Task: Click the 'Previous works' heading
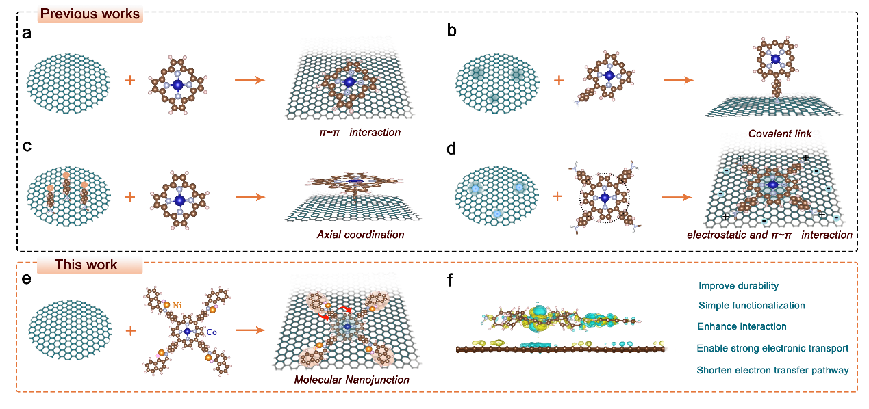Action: [90, 14]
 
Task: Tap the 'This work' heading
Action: [86, 265]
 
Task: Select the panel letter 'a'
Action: [27, 34]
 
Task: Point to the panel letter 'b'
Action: [451, 30]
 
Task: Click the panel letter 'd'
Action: [451, 148]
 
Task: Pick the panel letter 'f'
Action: [450, 280]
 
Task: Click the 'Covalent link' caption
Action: [780, 134]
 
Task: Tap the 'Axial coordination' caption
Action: [360, 235]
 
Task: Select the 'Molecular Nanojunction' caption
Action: [351, 380]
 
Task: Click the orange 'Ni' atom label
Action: [177, 306]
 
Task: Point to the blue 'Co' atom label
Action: [212, 332]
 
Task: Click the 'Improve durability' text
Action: [738, 286]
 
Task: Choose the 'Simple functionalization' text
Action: [751, 306]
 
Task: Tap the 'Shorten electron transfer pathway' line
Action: [772, 370]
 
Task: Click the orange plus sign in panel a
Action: [130, 81]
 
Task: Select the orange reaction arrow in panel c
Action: [250, 197]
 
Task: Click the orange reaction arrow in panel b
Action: [679, 80]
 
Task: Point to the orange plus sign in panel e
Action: [131, 331]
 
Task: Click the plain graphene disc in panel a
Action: [68, 83]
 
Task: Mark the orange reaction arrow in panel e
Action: [250, 330]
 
